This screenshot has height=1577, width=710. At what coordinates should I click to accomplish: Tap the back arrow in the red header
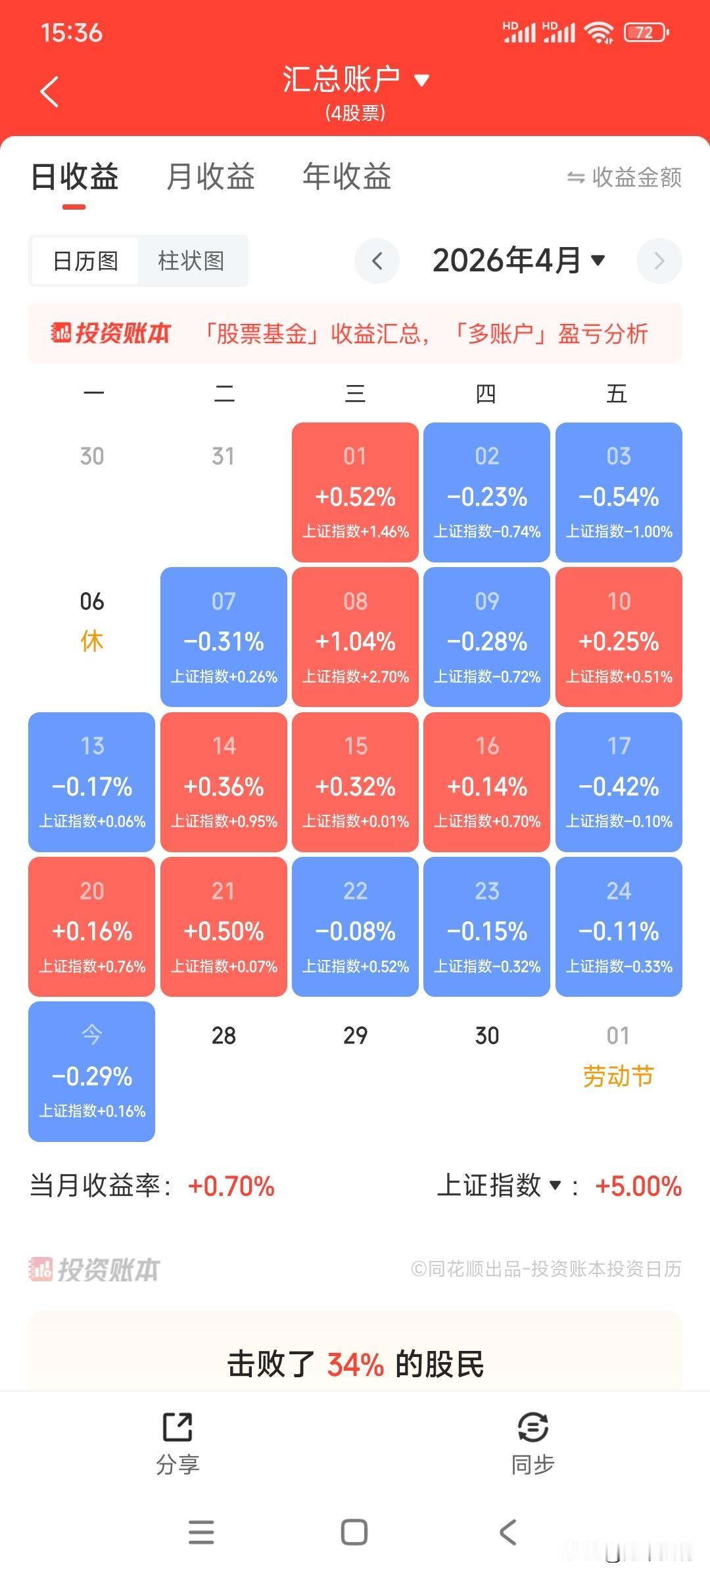[x=50, y=91]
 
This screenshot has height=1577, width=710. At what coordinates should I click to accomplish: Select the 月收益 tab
[x=210, y=177]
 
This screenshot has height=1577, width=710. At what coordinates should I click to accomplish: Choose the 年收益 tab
[x=346, y=177]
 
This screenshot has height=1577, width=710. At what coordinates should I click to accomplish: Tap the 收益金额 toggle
[x=625, y=177]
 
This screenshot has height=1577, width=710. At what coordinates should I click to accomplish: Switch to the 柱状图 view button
[x=191, y=261]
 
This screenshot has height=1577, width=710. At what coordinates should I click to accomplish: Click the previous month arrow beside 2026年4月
[x=377, y=261]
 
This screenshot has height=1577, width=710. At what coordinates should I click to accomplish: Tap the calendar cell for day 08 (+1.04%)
[x=355, y=637]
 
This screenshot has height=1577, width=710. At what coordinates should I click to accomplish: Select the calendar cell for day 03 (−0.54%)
[x=619, y=492]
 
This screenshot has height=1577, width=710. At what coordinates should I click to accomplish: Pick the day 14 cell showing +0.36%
[x=224, y=782]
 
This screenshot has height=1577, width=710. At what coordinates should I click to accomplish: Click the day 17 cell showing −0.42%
[x=619, y=782]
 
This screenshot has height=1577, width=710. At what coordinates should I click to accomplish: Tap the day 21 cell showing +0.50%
[x=224, y=926]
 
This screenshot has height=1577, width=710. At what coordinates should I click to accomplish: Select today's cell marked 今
[x=92, y=1071]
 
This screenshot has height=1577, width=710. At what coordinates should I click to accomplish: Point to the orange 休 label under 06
[x=92, y=641]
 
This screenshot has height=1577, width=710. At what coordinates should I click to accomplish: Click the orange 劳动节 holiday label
[x=618, y=1076]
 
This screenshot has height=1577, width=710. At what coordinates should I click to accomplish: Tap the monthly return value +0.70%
[x=231, y=1187]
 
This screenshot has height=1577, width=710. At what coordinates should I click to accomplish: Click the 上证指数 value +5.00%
[x=638, y=1187]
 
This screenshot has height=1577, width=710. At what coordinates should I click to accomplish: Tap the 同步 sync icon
[x=532, y=1427]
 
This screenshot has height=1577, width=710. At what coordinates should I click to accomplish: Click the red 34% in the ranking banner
[x=355, y=1365]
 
